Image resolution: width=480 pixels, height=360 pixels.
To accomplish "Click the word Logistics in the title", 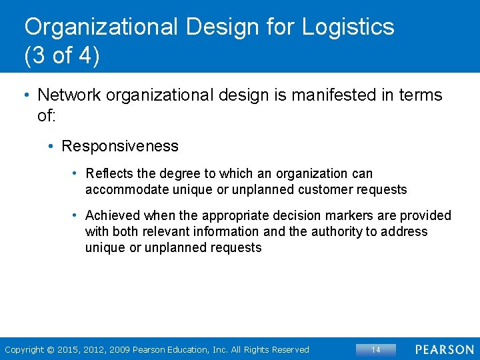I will [348, 27].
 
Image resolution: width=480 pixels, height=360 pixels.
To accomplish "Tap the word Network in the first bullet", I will [68, 95].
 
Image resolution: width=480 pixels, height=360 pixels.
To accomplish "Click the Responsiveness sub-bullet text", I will [120, 146].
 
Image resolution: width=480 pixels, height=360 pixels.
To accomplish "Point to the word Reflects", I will [109, 174].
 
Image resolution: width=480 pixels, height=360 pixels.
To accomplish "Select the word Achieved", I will [113, 215].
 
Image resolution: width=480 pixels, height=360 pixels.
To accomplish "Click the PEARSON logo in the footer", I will [445, 350].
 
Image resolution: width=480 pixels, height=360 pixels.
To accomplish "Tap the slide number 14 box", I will [375, 350].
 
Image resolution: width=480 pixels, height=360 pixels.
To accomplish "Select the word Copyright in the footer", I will [25, 350].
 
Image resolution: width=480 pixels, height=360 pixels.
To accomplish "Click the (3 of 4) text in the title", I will [62, 57].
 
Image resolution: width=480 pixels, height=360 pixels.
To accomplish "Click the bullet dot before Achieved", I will [77, 215].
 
